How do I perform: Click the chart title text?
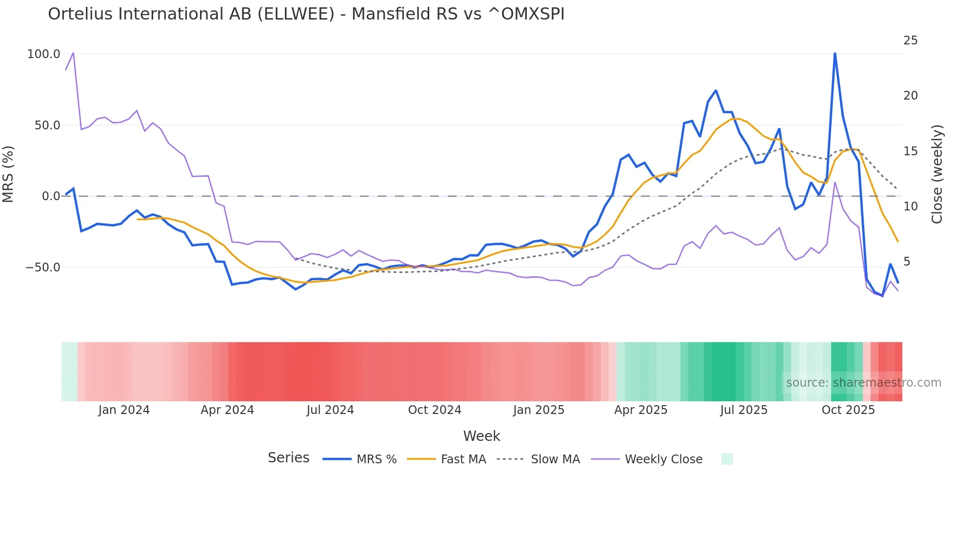(x=306, y=14)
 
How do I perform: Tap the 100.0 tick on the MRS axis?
(x=43, y=54)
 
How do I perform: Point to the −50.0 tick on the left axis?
(x=43, y=268)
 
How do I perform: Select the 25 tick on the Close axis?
(x=910, y=41)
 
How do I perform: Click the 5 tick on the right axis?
(x=907, y=262)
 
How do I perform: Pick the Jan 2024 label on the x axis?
(x=124, y=410)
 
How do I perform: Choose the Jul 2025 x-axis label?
(x=743, y=410)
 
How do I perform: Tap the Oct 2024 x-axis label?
(x=435, y=410)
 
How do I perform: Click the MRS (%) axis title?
(x=8, y=174)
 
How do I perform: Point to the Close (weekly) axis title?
(x=936, y=174)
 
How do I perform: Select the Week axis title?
(x=481, y=436)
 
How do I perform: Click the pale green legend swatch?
(x=727, y=459)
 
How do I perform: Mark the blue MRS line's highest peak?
(x=835, y=53)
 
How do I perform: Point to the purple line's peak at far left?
(x=73, y=53)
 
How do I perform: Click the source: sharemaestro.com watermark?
(x=863, y=383)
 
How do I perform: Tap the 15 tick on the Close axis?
(x=910, y=151)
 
